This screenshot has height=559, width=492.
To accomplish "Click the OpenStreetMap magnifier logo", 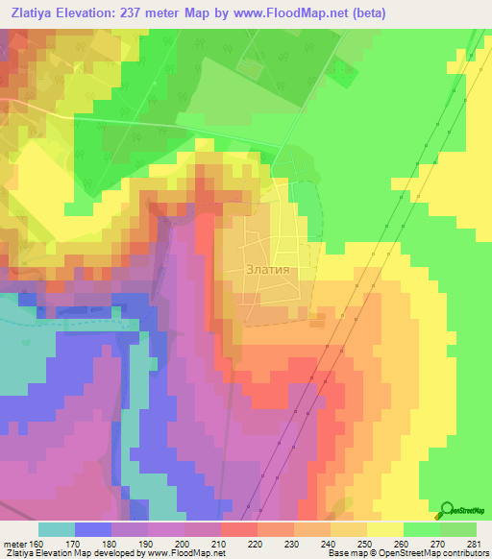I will pos(448,509).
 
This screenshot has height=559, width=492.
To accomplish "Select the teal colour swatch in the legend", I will pos(56,529).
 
